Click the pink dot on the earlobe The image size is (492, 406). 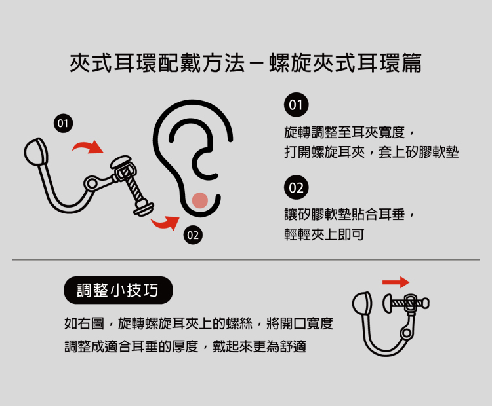tap(200, 200)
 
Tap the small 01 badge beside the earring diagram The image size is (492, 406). tap(63, 123)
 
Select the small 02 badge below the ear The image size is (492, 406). tap(193, 235)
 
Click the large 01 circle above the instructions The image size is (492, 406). tap(297, 105)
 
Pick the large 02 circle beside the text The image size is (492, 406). tap(297, 188)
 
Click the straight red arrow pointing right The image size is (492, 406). tap(396, 282)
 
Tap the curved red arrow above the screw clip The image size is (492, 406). tap(88, 147)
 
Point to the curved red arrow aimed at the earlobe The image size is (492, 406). tap(165, 223)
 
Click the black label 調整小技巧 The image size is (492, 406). tap(118, 290)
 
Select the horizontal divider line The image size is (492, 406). tap(246, 260)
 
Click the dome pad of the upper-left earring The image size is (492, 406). tap(36, 152)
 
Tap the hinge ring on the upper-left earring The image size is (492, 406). tap(91, 183)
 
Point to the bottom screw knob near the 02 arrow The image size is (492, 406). tap(144, 208)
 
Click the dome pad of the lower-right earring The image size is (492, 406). tap(362, 303)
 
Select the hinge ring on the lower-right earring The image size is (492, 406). tap(407, 333)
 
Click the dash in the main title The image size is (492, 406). tap(256, 64)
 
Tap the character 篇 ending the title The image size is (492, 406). tap(412, 63)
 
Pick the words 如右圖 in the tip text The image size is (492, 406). tap(84, 323)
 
